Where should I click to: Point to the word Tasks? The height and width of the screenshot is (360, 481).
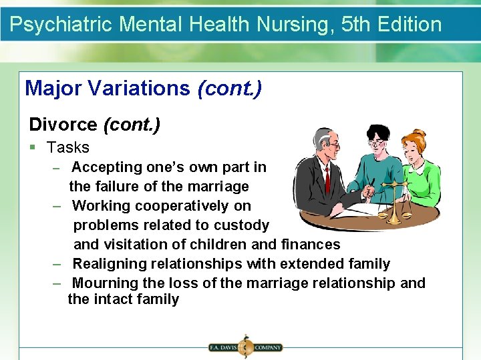(x=68, y=147)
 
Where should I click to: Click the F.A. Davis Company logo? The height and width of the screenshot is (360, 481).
(x=245, y=347)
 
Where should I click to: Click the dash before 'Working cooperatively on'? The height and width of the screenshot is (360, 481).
(x=57, y=206)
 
